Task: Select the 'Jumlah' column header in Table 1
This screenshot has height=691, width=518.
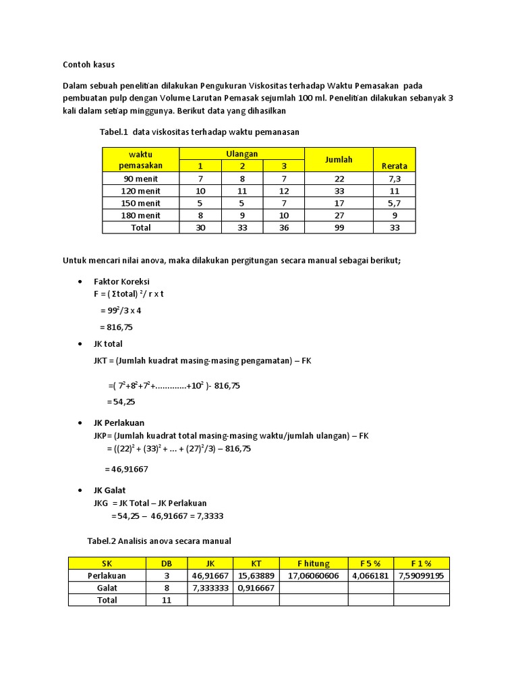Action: click(x=339, y=159)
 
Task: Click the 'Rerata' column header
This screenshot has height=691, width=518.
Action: click(x=395, y=165)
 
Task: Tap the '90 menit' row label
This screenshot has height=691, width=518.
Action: click(x=140, y=178)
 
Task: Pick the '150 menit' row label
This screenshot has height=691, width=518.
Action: click(x=140, y=202)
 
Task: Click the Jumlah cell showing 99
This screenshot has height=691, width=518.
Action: click(x=339, y=227)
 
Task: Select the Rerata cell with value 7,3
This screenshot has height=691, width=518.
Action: click(x=395, y=178)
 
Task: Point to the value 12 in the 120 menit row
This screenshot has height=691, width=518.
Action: click(x=284, y=191)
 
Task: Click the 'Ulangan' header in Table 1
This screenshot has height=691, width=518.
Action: click(x=242, y=154)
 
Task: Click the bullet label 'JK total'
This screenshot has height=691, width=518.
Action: click(x=108, y=343)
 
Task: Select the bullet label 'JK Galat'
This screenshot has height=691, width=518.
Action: click(x=109, y=490)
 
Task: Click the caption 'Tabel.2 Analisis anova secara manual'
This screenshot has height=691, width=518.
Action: click(x=159, y=541)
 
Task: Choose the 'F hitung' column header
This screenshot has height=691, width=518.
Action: click(x=313, y=563)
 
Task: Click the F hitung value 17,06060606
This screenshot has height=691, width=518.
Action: click(x=313, y=576)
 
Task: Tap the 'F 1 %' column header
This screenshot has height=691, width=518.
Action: click(x=421, y=563)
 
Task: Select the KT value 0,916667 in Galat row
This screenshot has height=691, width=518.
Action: click(x=256, y=588)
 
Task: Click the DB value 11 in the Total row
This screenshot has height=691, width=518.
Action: click(x=167, y=600)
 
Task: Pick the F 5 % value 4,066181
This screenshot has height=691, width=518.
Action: click(x=370, y=576)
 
